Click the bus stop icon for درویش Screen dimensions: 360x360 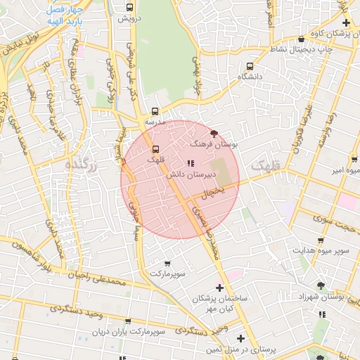(x=129, y=7)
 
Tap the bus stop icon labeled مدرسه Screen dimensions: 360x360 (x=155, y=111)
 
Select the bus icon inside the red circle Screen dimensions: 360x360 (x=155, y=149)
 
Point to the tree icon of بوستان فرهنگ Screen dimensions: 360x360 (x=214, y=133)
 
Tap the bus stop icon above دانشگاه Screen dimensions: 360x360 (x=249, y=65)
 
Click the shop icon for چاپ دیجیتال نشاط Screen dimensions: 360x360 (x=302, y=39)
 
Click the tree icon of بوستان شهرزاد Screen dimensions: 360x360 (x=321, y=285)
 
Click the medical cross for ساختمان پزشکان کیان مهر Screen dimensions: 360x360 (x=220, y=288)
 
